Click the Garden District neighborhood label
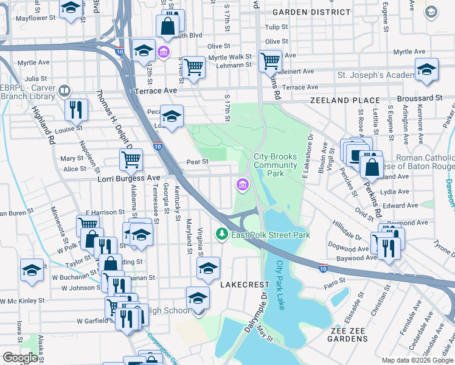tap(311, 12)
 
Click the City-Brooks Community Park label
tap(275, 165)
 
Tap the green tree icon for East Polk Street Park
tap(223, 234)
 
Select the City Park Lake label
tap(280, 285)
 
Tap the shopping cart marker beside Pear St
tap(131, 161)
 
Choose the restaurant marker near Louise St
tap(77, 109)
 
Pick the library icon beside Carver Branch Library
tap(64, 91)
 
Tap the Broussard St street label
tap(420, 98)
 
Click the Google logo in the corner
tap(21, 357)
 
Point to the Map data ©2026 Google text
tap(417, 360)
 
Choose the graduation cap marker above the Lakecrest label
tap(208, 268)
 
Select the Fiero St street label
tap(335, 280)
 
